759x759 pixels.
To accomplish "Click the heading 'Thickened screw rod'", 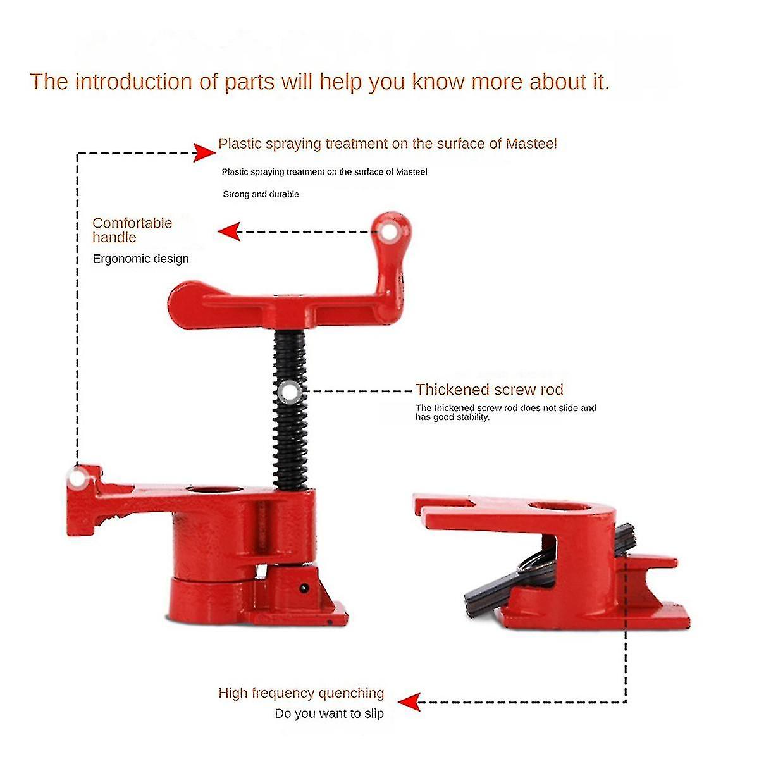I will (x=489, y=390).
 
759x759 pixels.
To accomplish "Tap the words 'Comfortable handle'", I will (x=132, y=230).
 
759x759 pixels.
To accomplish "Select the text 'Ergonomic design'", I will (x=140, y=259).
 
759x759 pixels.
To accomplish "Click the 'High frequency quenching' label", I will (x=301, y=693).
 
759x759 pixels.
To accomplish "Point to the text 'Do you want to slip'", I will (x=329, y=713).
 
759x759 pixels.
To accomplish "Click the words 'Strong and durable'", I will (x=261, y=194).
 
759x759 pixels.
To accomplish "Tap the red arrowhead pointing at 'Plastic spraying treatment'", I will (x=204, y=152).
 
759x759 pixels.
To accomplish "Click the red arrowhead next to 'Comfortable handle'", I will (x=229, y=231).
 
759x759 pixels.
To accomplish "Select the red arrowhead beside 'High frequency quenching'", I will (x=409, y=701).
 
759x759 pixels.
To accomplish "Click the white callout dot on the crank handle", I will (x=388, y=232).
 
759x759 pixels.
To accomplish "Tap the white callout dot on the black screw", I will (x=290, y=392).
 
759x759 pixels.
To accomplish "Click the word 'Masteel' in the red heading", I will (x=531, y=144).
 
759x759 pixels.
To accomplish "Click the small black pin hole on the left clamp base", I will (x=304, y=588).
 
